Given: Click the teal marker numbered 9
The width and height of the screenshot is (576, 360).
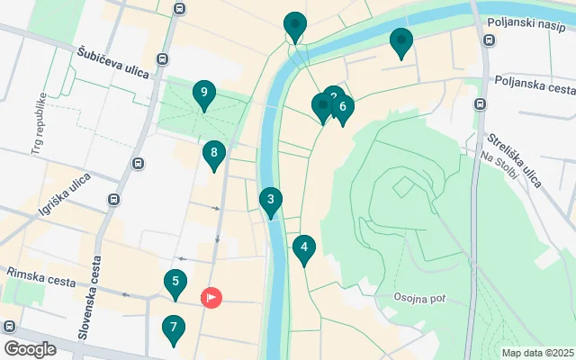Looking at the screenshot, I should (204, 93).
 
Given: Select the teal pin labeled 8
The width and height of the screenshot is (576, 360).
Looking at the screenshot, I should (213, 154).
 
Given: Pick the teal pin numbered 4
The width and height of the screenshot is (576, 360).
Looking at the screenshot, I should (304, 247).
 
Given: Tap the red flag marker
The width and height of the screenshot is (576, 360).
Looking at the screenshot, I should (211, 296).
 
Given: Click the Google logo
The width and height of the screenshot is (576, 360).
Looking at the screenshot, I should (31, 348).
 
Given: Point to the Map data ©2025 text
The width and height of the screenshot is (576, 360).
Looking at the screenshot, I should (537, 353).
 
